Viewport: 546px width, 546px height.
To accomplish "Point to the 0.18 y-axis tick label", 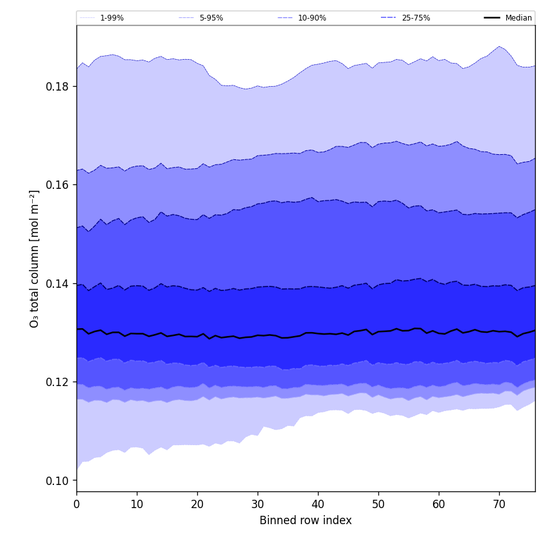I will coord(58,87).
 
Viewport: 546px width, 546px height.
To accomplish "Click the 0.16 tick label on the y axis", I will coord(58,185).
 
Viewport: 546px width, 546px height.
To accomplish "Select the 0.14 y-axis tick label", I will coord(58,284).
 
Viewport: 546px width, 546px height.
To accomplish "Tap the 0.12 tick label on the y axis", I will coord(58,382).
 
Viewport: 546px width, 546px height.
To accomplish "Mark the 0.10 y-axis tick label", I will coord(58,481).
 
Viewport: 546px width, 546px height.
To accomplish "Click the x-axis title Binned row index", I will coord(306,520).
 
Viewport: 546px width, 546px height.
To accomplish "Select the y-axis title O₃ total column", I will coord(35,258).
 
